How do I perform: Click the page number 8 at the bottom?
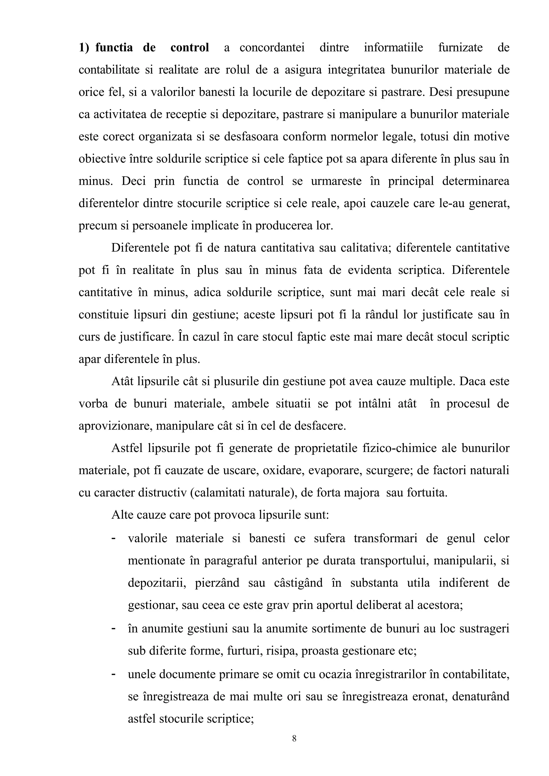point(294,739)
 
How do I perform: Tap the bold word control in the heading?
point(190,48)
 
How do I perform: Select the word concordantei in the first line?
point(272,48)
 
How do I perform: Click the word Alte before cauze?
point(121,515)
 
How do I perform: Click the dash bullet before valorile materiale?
point(114,537)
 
